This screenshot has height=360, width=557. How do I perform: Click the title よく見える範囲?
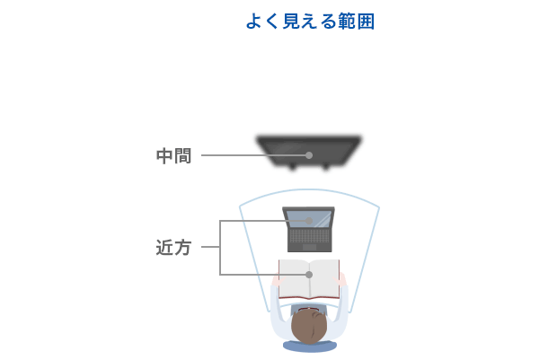[310, 22]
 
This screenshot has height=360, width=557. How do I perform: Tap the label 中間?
[173, 156]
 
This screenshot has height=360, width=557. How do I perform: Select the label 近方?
[173, 248]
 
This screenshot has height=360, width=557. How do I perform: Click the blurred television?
[309, 153]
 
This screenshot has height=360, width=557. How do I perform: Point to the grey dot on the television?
[309, 155]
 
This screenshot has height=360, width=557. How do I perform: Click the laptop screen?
[309, 219]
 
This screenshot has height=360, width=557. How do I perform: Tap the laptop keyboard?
[309, 236]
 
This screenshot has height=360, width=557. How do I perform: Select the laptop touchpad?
[309, 247]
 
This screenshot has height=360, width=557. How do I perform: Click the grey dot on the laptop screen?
[309, 221]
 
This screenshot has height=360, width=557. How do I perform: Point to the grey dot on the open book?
[309, 275]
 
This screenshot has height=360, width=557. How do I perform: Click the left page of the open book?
[294, 279]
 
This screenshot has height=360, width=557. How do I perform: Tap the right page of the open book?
[324, 279]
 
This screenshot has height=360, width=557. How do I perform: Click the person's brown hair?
[309, 327]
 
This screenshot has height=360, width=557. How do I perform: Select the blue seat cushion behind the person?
[309, 346]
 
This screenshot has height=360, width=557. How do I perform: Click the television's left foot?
[292, 166]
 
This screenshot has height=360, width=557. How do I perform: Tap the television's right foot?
[325, 166]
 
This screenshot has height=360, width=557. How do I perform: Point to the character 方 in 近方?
[183, 248]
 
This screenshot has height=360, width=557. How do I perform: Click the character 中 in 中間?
[164, 156]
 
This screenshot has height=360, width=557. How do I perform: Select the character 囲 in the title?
[366, 22]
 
